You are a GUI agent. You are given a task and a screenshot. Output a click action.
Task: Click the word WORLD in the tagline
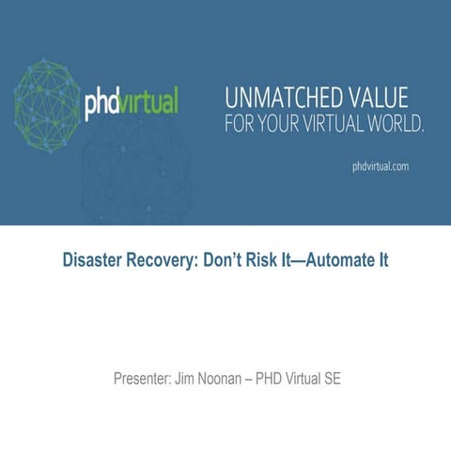point(387,123)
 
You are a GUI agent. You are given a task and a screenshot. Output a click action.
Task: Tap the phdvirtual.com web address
point(380,165)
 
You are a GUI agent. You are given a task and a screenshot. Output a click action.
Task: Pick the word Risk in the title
point(259,259)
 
